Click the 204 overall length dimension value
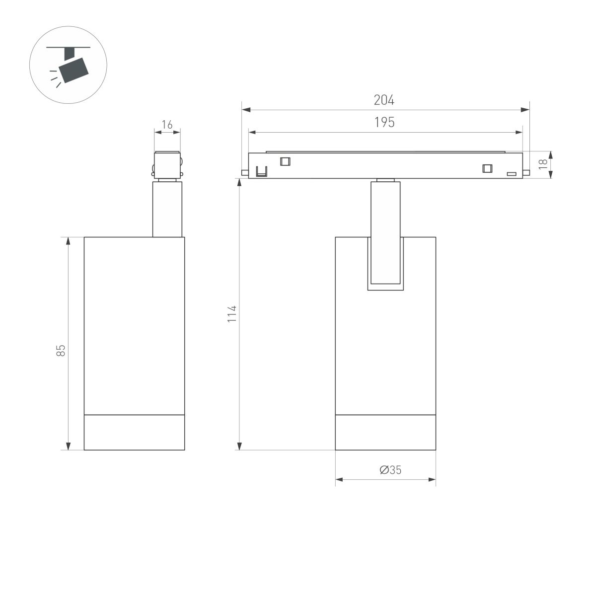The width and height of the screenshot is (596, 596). [x=384, y=100]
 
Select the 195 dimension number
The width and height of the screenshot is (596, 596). [x=384, y=123]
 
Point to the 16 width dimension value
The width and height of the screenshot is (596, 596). [x=167, y=125]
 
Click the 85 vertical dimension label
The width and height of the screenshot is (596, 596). [x=61, y=350]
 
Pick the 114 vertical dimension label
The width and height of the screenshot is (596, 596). [x=232, y=314]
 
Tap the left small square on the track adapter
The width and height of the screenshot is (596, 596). [x=285, y=161]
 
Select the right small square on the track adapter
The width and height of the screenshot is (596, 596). [x=487, y=168]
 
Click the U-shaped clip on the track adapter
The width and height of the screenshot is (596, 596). [x=261, y=171]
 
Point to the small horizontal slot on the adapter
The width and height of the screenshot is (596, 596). [x=511, y=174]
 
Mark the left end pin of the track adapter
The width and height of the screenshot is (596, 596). [x=244, y=172]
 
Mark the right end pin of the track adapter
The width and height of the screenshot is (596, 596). [x=526, y=172]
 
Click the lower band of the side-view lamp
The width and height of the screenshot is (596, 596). [x=134, y=432]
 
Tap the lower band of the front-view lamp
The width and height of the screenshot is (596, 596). [x=385, y=432]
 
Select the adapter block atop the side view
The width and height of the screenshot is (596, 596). [x=167, y=164]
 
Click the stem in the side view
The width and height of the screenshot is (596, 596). [x=167, y=209]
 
